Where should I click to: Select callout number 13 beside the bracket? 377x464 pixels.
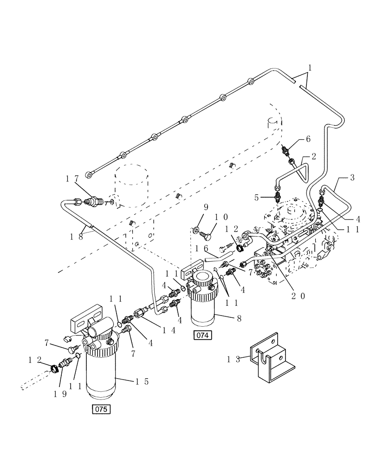click(x=234, y=359)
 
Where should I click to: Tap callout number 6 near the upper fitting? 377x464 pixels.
click(x=308, y=139)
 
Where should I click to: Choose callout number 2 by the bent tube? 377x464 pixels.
click(x=314, y=157)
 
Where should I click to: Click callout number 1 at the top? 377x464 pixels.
click(x=310, y=67)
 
